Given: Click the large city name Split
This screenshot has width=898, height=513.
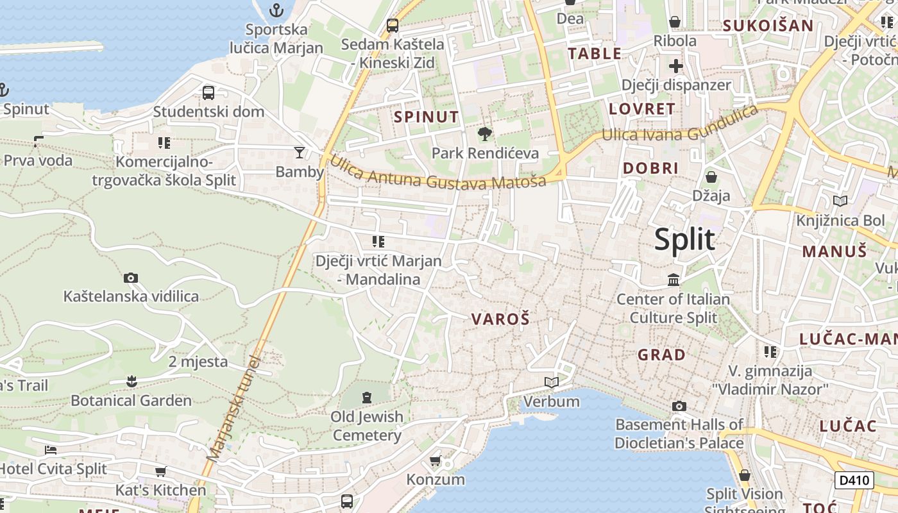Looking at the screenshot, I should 684,239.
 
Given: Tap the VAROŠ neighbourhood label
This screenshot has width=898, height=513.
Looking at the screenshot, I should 500,319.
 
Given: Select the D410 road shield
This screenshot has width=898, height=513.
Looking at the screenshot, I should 854,480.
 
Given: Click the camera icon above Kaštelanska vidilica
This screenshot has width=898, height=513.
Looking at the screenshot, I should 131,278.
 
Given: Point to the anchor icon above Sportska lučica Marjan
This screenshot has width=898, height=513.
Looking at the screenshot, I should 276,10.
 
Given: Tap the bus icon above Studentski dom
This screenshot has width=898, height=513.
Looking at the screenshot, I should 208,93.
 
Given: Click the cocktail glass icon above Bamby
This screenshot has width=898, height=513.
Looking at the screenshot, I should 299,153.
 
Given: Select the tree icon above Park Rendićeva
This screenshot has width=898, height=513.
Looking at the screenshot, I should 485,134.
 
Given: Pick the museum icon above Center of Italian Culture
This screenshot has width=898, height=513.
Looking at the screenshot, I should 673,280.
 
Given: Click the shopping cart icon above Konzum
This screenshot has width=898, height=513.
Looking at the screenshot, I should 436,460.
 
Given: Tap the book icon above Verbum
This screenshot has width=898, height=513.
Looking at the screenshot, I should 551,383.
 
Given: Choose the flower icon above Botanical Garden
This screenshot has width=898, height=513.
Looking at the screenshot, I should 131,382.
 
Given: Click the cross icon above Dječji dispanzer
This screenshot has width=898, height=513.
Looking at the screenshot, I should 676,65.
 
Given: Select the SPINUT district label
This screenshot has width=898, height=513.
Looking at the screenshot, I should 427,117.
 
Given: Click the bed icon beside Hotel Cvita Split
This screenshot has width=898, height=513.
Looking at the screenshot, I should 51,450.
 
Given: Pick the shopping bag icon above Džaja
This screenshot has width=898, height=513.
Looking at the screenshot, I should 711,176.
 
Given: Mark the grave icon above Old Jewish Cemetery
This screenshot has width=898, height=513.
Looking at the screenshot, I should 366,398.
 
